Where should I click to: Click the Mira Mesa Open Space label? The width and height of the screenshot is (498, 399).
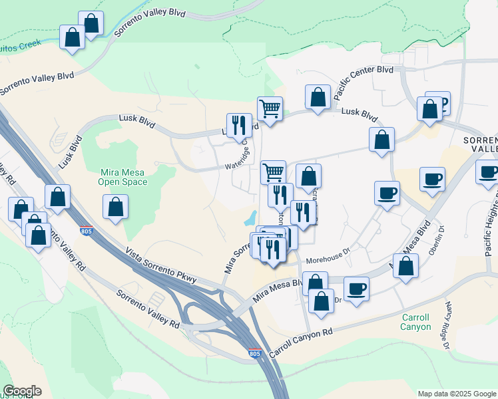tap(122, 176)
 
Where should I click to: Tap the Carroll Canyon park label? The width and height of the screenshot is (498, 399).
tap(415, 322)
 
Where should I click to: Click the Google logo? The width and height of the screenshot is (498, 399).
tap(22, 391)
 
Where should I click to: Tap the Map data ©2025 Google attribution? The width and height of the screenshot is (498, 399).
tap(456, 394)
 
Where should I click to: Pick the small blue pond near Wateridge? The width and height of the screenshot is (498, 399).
tap(250, 217)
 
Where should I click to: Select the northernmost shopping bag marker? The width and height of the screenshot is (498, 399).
tap(91, 23)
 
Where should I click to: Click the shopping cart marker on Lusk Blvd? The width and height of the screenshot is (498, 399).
tap(270, 108)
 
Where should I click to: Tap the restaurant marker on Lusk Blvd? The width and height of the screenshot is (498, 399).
tap(238, 125)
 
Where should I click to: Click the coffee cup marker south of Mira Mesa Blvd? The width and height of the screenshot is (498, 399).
tap(356, 289)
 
